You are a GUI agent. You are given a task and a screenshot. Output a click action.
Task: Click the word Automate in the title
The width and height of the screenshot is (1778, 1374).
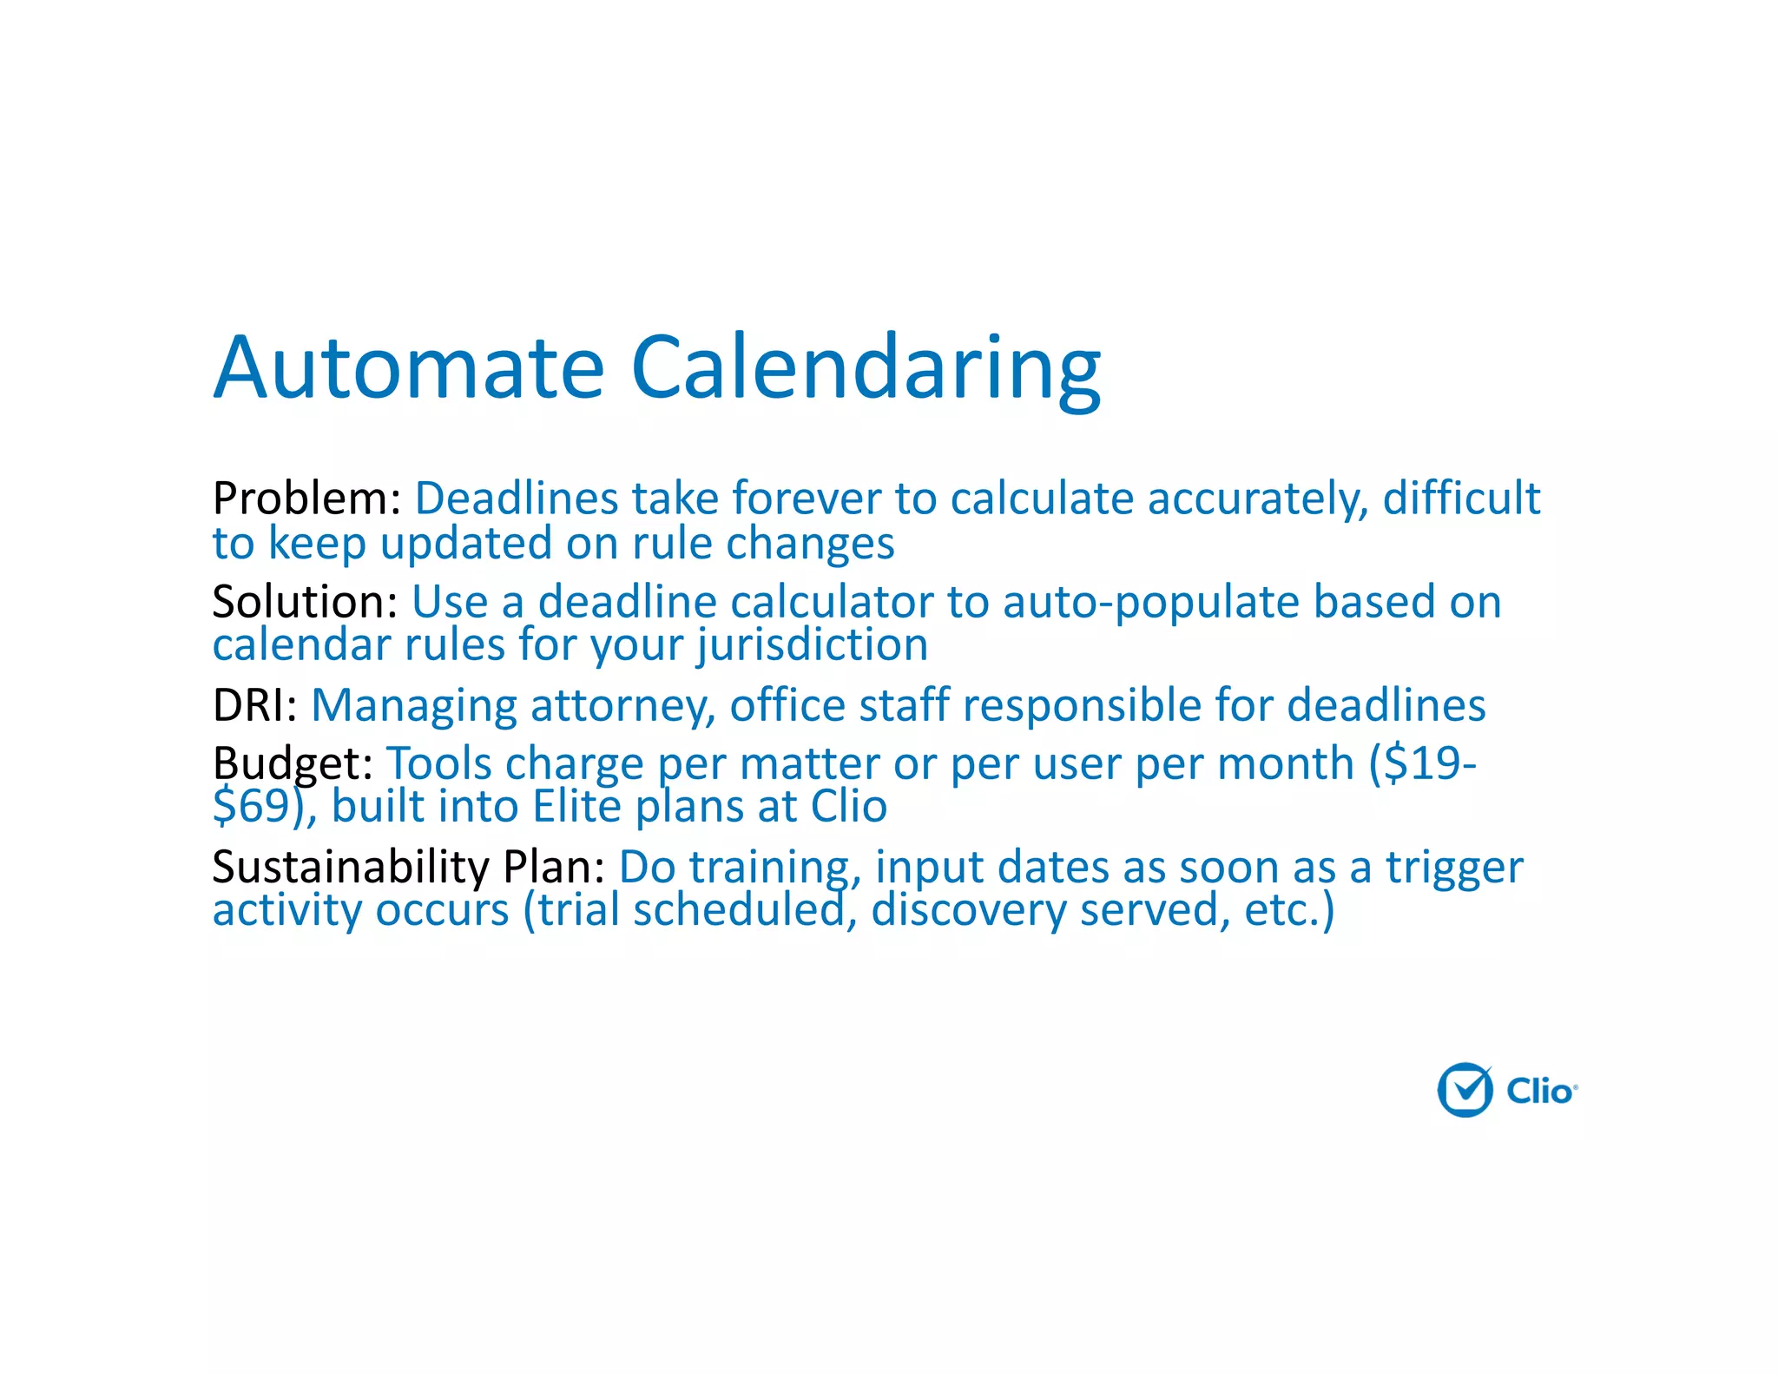click(408, 368)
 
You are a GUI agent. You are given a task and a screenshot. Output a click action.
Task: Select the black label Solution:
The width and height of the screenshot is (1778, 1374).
click(305, 602)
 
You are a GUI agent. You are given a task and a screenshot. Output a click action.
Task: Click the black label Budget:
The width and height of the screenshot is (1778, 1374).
click(293, 764)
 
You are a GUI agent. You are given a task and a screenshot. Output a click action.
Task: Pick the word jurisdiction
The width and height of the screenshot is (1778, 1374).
click(812, 646)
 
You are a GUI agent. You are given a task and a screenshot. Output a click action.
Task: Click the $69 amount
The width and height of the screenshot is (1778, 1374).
click(251, 807)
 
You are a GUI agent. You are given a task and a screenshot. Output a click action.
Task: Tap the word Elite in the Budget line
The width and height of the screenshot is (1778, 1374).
click(576, 807)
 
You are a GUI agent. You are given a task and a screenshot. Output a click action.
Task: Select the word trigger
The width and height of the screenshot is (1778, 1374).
click(1454, 867)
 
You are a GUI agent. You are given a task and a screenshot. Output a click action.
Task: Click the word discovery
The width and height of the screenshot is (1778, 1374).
click(968, 910)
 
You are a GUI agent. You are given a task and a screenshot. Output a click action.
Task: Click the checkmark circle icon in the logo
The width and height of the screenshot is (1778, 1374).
click(1465, 1089)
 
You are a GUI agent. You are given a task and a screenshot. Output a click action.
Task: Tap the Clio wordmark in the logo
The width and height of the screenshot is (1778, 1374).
click(1540, 1091)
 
